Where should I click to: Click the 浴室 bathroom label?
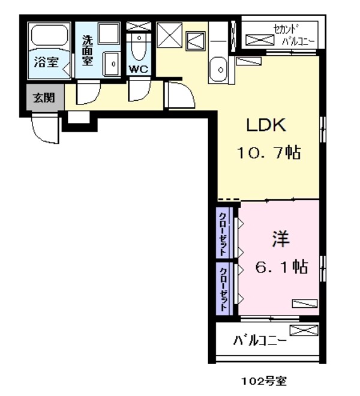click(46, 61)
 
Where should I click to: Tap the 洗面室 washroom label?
click(88, 50)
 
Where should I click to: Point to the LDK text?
click(267, 126)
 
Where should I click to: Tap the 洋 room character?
click(280, 239)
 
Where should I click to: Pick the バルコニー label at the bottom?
click(259, 341)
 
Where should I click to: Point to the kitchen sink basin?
click(218, 71)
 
